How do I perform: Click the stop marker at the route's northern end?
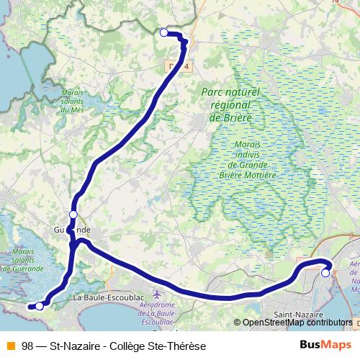click(x=163, y=32)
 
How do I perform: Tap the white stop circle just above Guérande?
click(x=73, y=215)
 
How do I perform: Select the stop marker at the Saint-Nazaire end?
click(x=325, y=273)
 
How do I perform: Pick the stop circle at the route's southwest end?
click(x=39, y=306)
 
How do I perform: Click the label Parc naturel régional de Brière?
click(x=230, y=104)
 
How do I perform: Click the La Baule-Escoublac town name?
click(x=109, y=297)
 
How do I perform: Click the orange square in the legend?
click(x=11, y=345)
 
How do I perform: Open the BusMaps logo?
click(x=326, y=344)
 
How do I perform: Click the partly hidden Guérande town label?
click(x=72, y=230)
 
